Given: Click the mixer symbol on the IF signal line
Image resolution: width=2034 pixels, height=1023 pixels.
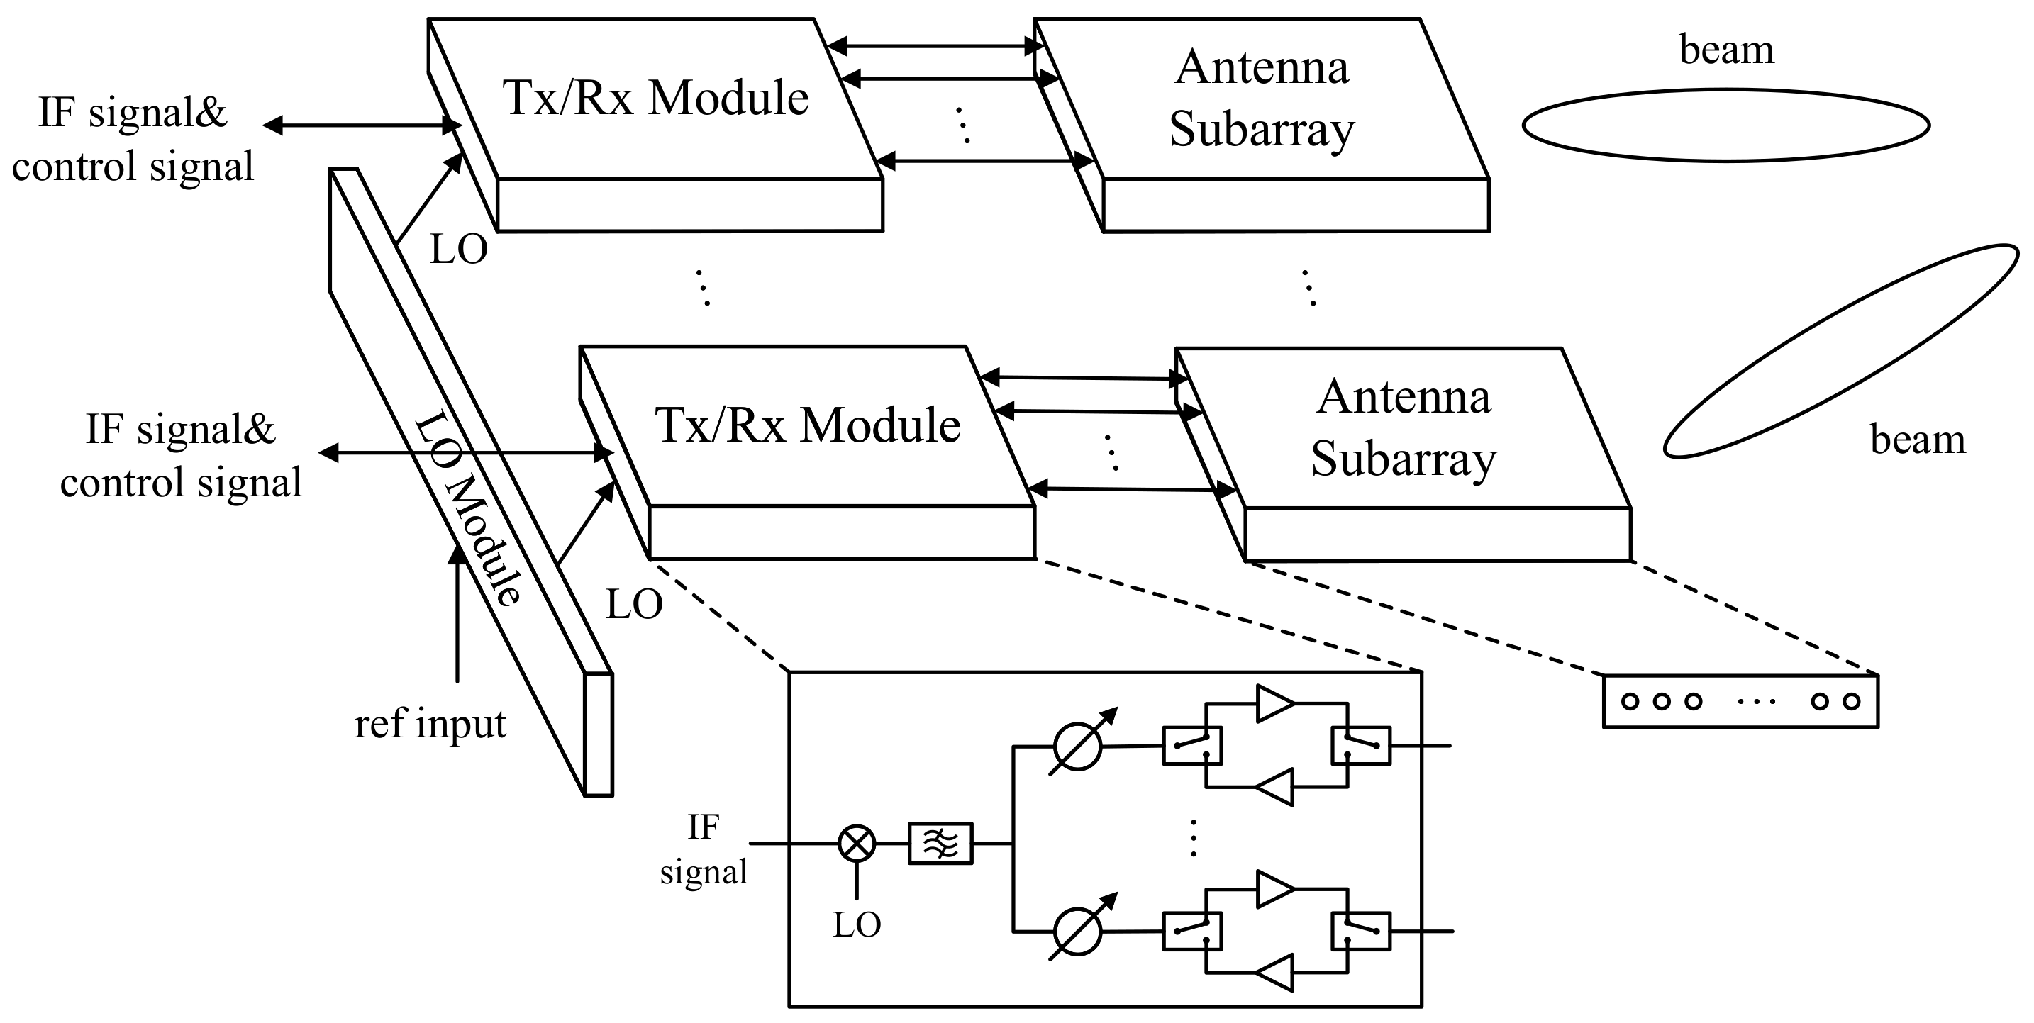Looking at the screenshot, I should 856,843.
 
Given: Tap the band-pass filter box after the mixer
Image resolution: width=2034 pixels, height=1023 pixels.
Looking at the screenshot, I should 940,844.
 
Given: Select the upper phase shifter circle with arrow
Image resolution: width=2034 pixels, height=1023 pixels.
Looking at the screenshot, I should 1077,746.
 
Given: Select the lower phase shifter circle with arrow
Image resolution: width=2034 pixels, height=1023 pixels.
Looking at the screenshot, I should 1077,932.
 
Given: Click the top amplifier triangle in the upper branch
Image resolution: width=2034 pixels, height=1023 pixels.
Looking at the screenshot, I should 1274,703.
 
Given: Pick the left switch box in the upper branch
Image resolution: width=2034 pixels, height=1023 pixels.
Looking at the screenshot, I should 1192,746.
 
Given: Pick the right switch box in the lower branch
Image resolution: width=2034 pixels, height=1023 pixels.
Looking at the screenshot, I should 1360,932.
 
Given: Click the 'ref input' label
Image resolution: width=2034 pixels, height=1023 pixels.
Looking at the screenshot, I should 430,723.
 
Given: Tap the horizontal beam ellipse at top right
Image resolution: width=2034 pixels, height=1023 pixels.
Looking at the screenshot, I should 1725,125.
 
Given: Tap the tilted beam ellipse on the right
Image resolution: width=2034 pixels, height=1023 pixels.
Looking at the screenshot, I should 1840,351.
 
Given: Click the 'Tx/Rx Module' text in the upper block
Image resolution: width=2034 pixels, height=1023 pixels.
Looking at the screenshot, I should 655,99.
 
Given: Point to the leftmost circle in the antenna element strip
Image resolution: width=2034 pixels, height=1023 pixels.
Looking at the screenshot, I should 1630,701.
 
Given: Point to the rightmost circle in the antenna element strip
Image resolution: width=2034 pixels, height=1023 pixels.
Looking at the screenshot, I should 1852,701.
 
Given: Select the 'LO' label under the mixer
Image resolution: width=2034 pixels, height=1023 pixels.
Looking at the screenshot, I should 857,924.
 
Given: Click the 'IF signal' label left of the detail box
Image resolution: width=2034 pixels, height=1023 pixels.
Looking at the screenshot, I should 703,849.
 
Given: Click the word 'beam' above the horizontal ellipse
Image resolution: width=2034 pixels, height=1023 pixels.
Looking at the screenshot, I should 1726,49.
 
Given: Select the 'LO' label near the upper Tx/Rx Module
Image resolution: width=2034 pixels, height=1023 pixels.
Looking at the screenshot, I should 458,250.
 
